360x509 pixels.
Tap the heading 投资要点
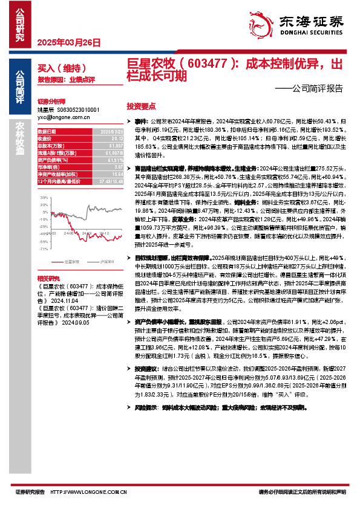[x=142, y=105]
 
